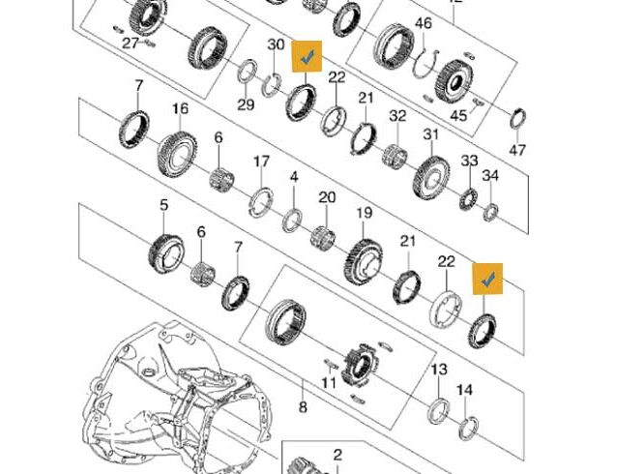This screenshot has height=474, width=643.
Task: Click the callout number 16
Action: tap(181, 108)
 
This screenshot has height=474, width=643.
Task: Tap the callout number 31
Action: tap(431, 134)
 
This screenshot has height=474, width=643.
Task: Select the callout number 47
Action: tap(517, 150)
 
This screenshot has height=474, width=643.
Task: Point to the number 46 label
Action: tap(424, 23)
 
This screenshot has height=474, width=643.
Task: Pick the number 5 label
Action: tap(164, 204)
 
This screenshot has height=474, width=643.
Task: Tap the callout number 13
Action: tap(439, 370)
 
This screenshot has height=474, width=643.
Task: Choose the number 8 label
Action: tap(303, 407)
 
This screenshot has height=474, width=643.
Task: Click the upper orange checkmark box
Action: tap(307, 56)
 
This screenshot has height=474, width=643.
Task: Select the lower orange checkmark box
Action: tap(487, 279)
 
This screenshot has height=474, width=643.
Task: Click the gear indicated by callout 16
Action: tap(178, 154)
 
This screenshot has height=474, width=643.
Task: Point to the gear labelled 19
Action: tap(364, 261)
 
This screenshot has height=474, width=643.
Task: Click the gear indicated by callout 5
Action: tap(166, 252)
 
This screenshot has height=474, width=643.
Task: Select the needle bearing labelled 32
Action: tap(395, 156)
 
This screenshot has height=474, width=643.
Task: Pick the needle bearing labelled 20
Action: tap(324, 237)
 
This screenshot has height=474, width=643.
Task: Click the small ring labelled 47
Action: tap(518, 117)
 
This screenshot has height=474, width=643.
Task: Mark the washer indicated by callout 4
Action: tap(293, 220)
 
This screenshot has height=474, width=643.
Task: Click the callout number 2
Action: tap(337, 455)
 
